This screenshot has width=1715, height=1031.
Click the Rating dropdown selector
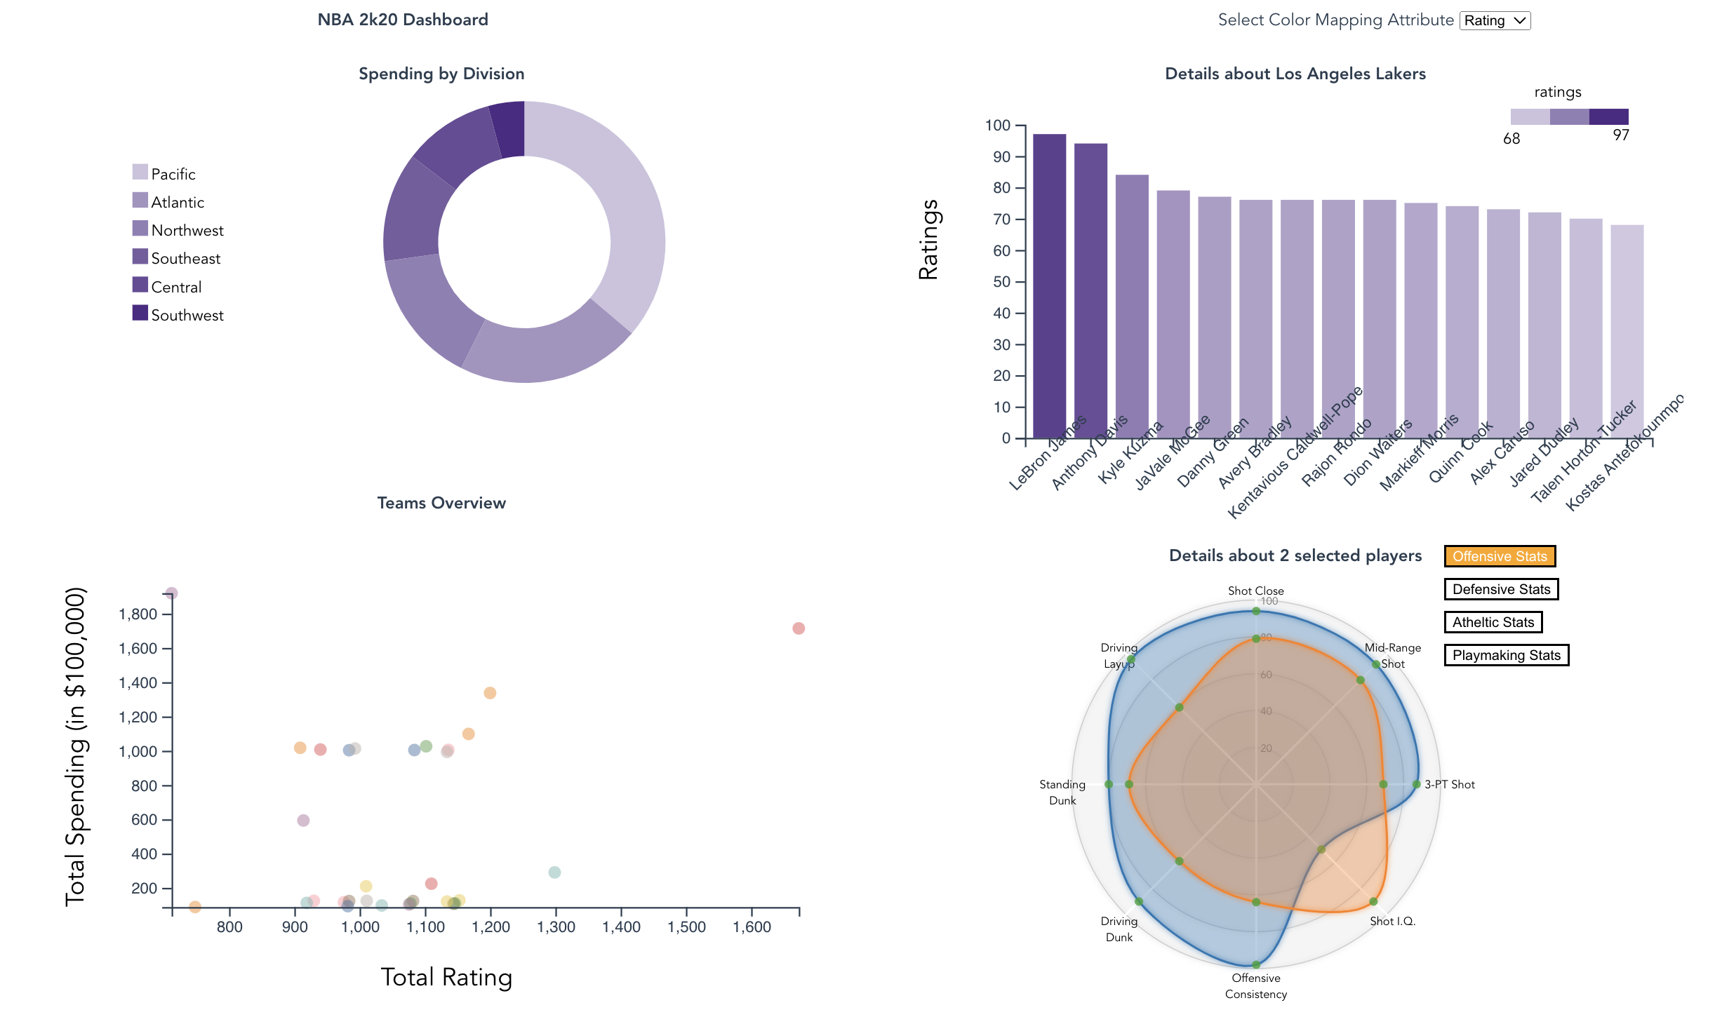click(1494, 20)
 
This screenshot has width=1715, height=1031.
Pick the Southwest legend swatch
click(140, 313)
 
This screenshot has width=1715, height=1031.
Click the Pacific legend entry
click(173, 174)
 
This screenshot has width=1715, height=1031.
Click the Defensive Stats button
click(1501, 589)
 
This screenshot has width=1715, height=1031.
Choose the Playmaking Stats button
click(1506, 655)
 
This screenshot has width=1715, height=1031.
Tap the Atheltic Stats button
click(1493, 622)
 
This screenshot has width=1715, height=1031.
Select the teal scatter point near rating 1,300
click(554, 872)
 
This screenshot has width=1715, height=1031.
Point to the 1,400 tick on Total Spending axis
click(138, 683)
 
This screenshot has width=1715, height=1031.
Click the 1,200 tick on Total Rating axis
click(491, 927)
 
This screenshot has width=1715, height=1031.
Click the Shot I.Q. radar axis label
click(1392, 921)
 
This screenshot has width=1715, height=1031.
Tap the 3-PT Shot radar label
click(1449, 784)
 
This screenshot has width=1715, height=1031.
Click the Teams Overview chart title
click(441, 503)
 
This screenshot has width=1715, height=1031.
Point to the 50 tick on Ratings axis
click(1001, 282)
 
